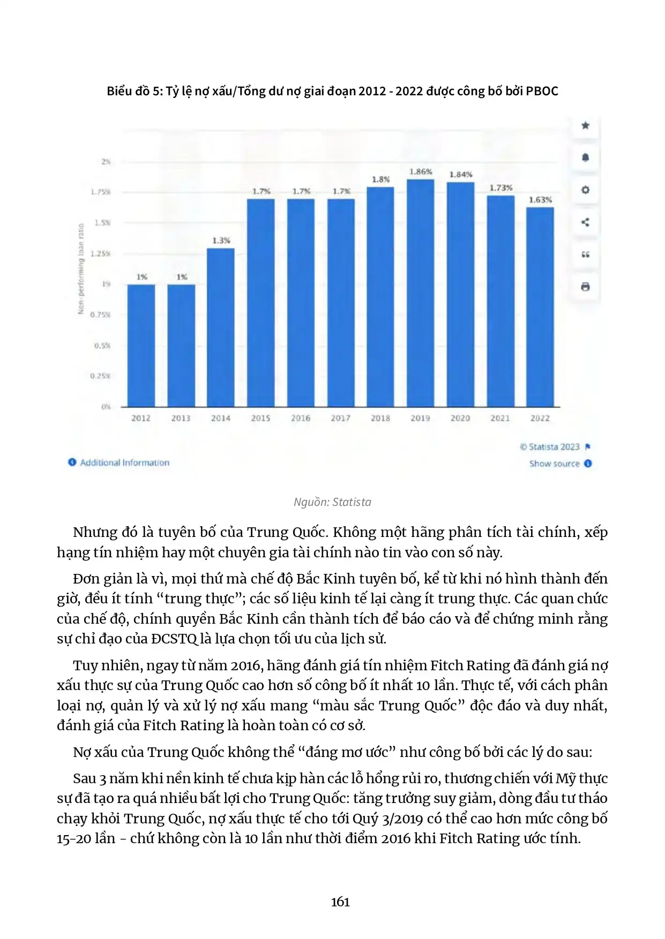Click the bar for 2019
click(x=420, y=293)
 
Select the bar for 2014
click(x=221, y=327)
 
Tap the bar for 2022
click(x=540, y=307)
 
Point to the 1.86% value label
click(x=421, y=172)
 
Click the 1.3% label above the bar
click(x=221, y=240)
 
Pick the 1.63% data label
click(x=540, y=200)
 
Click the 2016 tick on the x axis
click(x=301, y=418)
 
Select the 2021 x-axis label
click(x=500, y=418)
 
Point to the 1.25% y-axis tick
click(x=101, y=253)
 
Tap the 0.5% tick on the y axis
click(x=102, y=345)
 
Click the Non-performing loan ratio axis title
click(x=81, y=268)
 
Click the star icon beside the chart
click(x=585, y=125)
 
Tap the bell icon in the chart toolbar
click(x=585, y=157)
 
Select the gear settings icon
click(x=585, y=190)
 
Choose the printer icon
click(x=585, y=287)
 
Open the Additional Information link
click(x=124, y=463)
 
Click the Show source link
click(x=555, y=464)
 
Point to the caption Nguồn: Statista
click(x=332, y=502)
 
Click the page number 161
click(x=340, y=902)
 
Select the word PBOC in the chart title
click(x=542, y=91)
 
